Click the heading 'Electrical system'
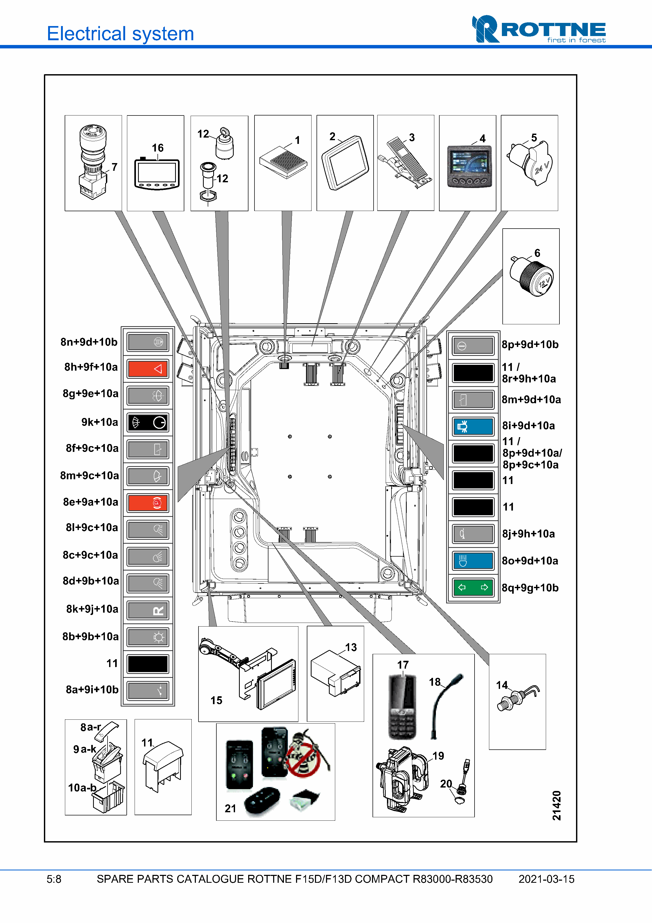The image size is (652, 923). point(120,33)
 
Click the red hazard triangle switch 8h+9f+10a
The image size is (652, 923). point(147,369)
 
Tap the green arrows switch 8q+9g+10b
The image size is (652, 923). point(473,588)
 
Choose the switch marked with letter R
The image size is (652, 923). point(147,610)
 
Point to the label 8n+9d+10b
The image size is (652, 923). point(89,342)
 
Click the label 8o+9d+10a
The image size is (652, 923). point(529,561)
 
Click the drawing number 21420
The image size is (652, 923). point(556,806)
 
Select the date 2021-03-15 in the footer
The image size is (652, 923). point(546,879)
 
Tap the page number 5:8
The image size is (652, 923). point(54,879)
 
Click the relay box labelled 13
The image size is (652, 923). point(335,673)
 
